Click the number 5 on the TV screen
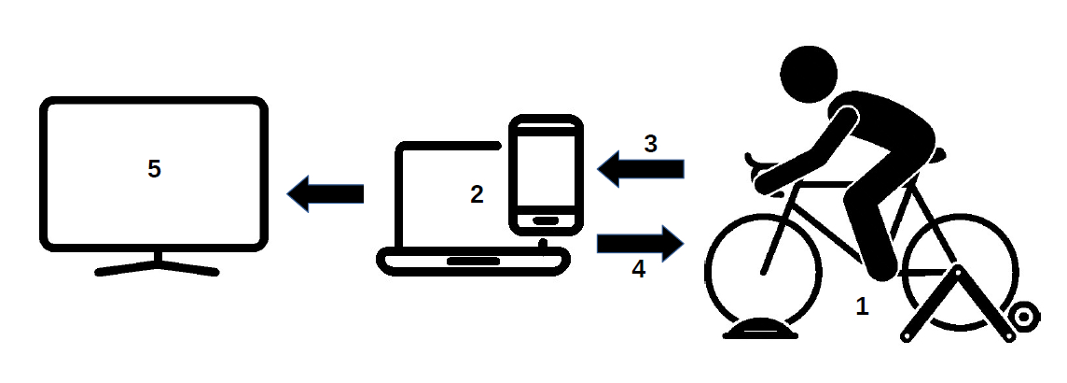point(155,169)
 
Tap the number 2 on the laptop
point(477,194)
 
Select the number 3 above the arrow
point(651,144)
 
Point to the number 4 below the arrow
point(638,269)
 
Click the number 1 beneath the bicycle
point(863,306)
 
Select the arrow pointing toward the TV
point(324,194)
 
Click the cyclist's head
point(809,75)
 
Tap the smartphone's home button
point(546,220)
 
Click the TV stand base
point(157,269)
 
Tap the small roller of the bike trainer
point(1023,316)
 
